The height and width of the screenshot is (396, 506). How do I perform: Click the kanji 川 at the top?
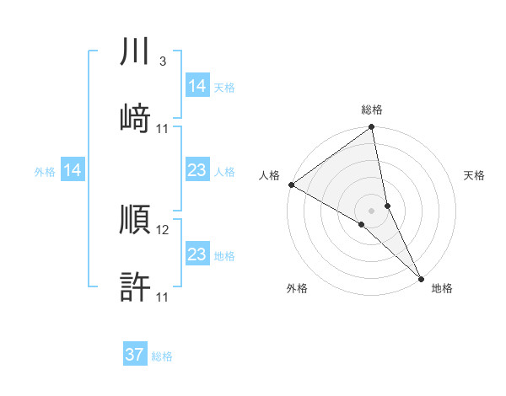pyautogui.click(x=136, y=53)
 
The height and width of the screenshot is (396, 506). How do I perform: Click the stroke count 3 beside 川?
pyautogui.click(x=162, y=62)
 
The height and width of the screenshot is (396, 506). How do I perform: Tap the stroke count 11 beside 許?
pyautogui.click(x=164, y=297)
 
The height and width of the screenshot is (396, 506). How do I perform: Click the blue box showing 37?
pyautogui.click(x=135, y=355)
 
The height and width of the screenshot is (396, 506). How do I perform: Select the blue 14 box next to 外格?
pyautogui.click(x=73, y=171)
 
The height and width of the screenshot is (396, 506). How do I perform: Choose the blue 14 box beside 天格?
pyautogui.click(x=197, y=86)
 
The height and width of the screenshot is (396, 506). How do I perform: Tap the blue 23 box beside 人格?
pyautogui.click(x=197, y=171)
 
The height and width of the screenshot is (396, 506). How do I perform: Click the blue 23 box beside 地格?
pyautogui.click(x=197, y=254)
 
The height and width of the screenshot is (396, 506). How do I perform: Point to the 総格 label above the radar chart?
pyautogui.click(x=372, y=110)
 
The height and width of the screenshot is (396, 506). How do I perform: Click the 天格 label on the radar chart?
pyautogui.click(x=474, y=175)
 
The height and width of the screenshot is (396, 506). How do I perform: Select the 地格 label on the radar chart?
pyautogui.click(x=442, y=289)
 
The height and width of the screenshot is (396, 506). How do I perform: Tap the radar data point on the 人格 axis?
pyautogui.click(x=291, y=185)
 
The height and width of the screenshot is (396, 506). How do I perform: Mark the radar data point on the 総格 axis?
pyautogui.click(x=372, y=128)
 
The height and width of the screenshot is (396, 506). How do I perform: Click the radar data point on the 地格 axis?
pyautogui.click(x=420, y=277)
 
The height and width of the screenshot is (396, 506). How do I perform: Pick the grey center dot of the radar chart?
pyautogui.click(x=372, y=210)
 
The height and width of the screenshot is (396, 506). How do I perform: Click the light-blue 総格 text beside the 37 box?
pyautogui.click(x=162, y=356)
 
